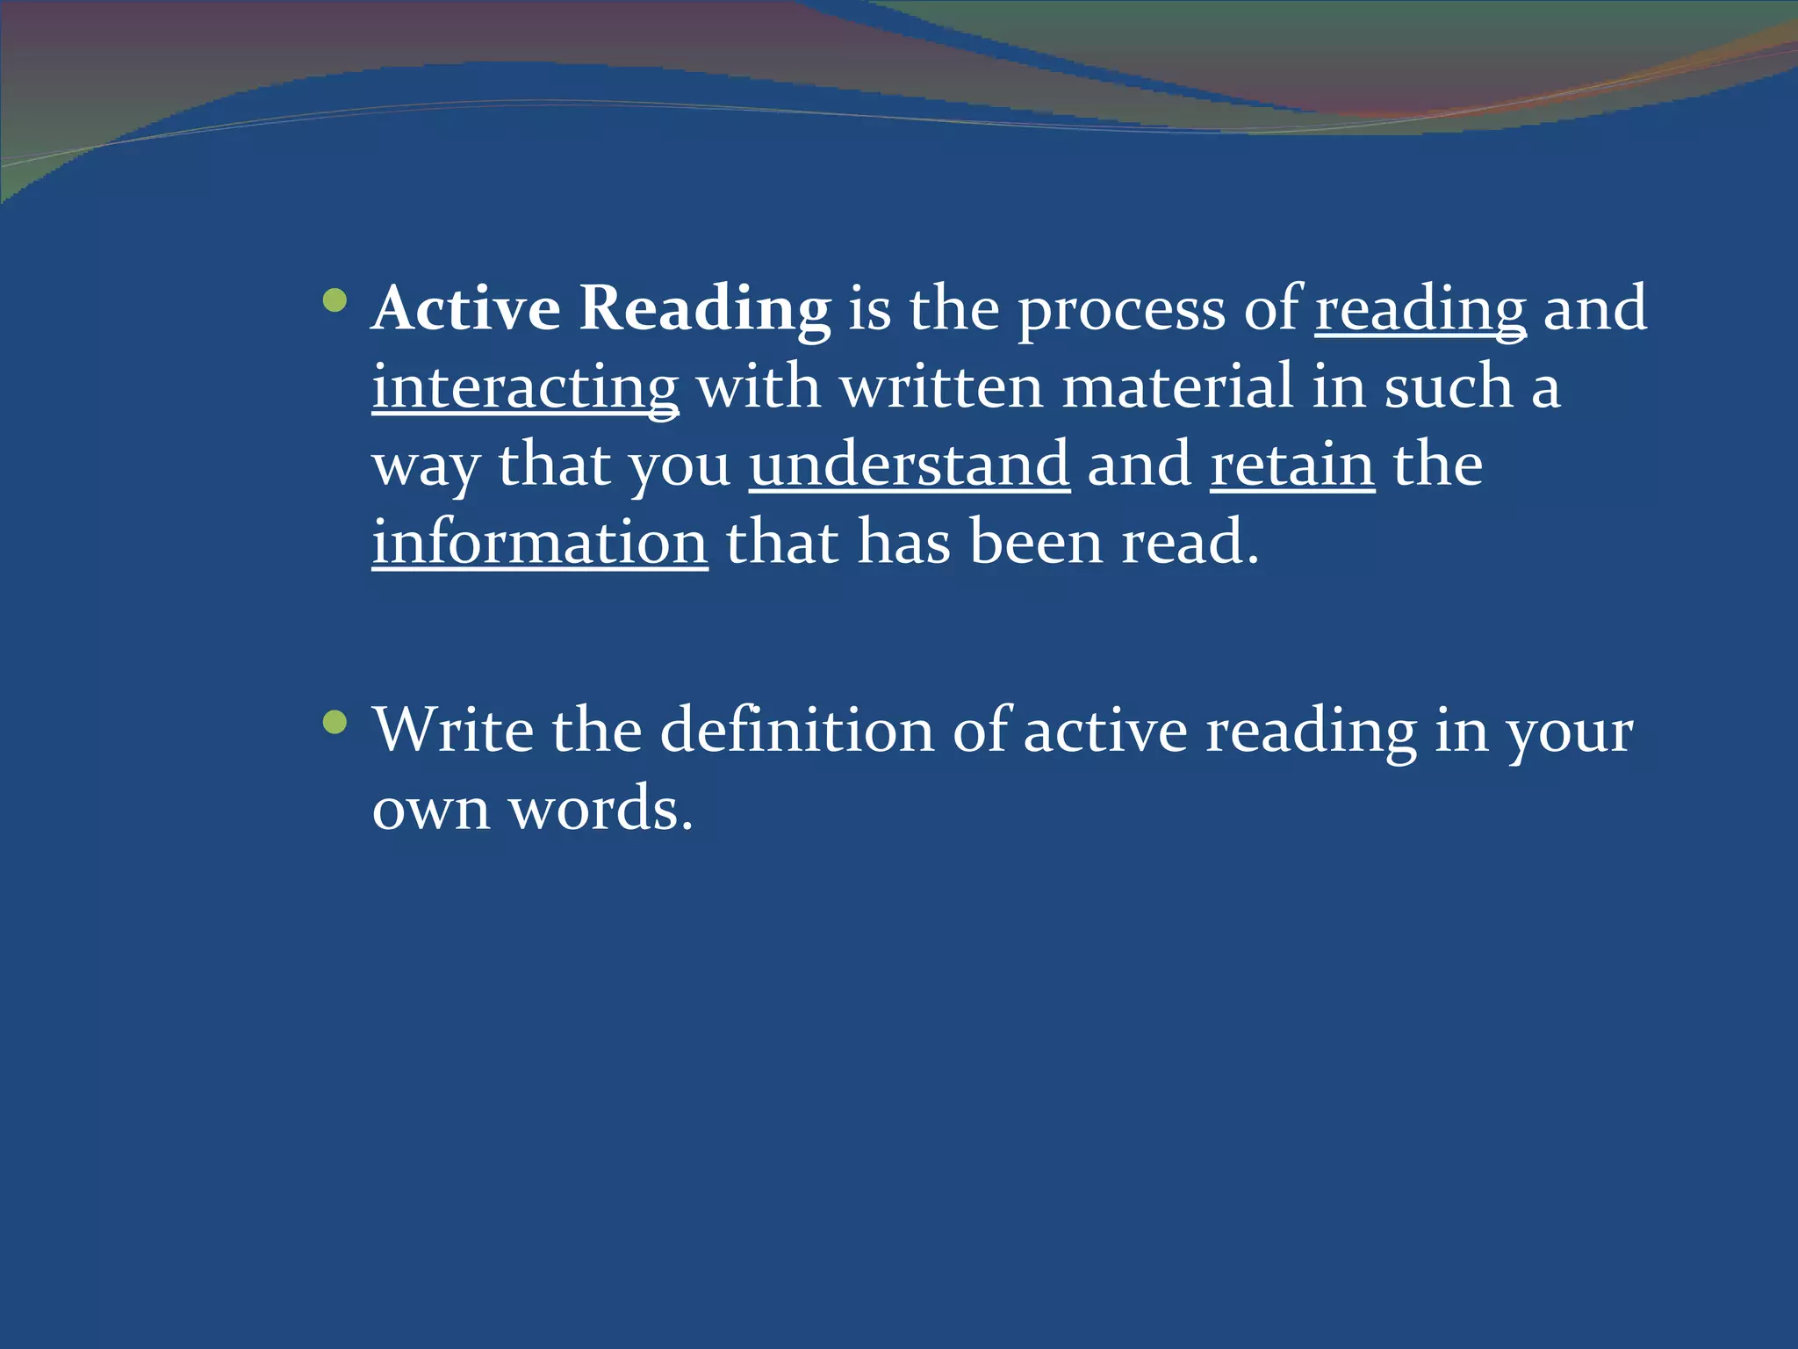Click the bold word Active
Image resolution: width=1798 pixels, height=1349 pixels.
click(x=466, y=308)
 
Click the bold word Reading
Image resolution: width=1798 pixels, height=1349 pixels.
click(x=705, y=308)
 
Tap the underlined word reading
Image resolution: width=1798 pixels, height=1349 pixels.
click(x=1420, y=310)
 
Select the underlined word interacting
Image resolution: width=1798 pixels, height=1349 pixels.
click(x=525, y=387)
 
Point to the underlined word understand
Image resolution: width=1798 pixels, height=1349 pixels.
click(x=910, y=464)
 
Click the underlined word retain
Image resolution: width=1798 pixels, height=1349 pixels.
click(x=1292, y=464)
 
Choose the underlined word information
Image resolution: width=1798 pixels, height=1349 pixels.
click(x=540, y=542)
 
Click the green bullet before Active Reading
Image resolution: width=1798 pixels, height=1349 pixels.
click(x=334, y=301)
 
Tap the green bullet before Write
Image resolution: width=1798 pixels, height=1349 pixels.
click(x=334, y=723)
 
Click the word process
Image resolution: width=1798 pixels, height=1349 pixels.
click(x=1120, y=310)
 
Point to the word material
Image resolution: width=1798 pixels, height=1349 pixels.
click(x=1177, y=386)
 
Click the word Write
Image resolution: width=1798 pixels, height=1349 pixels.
click(x=453, y=730)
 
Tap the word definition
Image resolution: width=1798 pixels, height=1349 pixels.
click(x=796, y=730)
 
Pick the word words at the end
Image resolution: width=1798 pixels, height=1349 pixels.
click(x=601, y=808)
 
